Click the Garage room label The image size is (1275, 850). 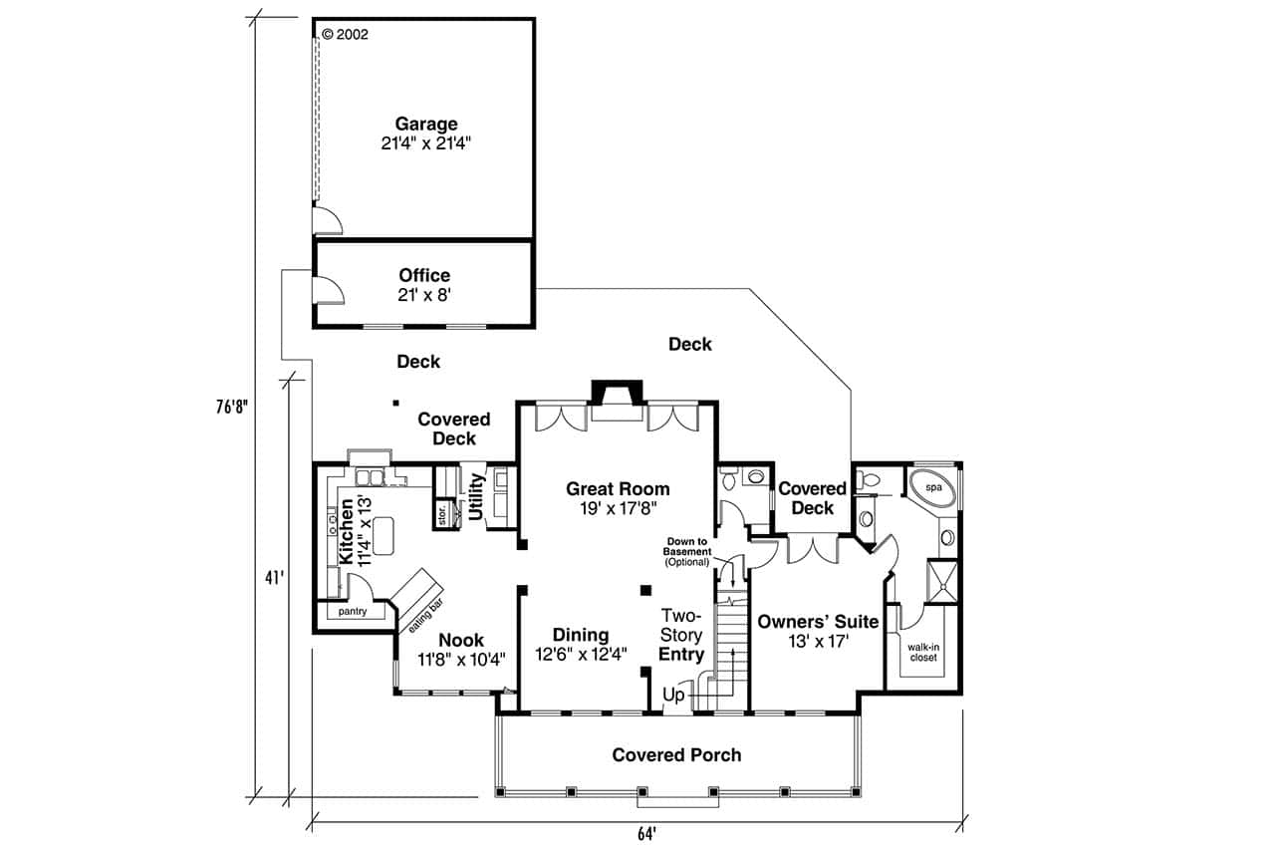[x=426, y=134]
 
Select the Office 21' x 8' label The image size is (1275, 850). [x=424, y=285]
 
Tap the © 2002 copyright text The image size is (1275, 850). [x=346, y=34]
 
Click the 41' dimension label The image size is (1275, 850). [x=272, y=578]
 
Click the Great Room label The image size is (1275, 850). [x=618, y=498]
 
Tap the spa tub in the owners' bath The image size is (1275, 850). [x=933, y=488]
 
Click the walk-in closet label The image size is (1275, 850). [x=923, y=652]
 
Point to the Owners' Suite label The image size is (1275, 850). [x=818, y=632]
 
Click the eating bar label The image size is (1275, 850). [x=422, y=618]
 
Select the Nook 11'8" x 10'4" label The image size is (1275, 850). [x=461, y=650]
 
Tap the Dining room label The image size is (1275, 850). [x=581, y=645]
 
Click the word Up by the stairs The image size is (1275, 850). [x=673, y=696]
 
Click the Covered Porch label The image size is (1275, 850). [x=676, y=755]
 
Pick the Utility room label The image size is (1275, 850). [x=476, y=495]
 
